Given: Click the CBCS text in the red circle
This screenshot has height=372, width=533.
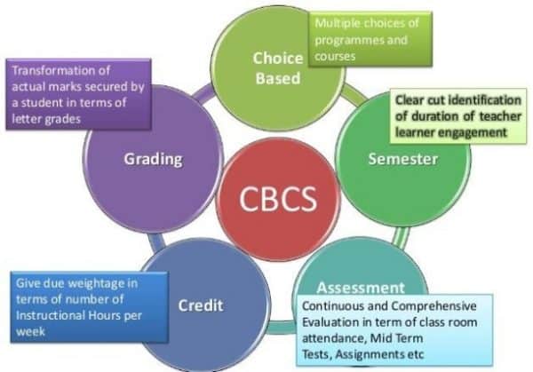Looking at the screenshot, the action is coord(278,199).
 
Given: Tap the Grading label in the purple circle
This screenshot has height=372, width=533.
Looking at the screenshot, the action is coord(153,159).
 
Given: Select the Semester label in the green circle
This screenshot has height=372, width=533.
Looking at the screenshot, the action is coord(403,159).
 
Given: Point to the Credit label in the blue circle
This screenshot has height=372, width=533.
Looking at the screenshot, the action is coord(201,305).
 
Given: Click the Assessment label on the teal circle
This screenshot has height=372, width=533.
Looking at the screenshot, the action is coord(361,288).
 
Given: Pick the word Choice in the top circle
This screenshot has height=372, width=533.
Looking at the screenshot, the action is coord(278,58).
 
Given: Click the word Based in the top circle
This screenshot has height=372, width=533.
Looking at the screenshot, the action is coord(278,78).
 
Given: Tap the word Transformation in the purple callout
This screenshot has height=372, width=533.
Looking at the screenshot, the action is coord(60,70).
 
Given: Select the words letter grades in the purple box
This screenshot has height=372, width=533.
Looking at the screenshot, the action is coord(46,119).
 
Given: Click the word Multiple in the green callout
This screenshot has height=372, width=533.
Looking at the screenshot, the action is coord(335,23).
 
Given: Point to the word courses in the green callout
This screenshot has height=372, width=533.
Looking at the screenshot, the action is coord(335,57).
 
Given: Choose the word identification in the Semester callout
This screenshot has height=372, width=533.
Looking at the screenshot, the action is coord(485,100).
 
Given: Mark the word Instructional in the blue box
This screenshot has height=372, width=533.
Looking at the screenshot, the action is coord(51,315).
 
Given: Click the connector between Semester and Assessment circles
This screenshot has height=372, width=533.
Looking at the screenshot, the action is coord(401,237).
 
